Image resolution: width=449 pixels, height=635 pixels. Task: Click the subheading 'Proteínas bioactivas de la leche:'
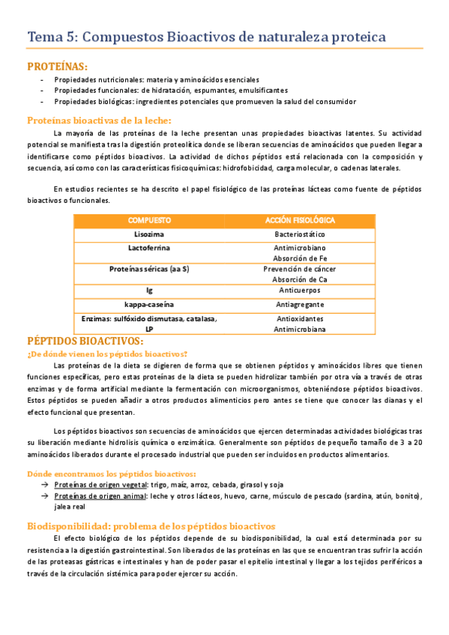99,120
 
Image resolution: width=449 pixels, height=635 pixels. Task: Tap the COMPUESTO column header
149,221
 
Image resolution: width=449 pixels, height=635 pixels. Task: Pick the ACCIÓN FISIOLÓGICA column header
300,221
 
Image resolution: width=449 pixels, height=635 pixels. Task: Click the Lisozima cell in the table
149,234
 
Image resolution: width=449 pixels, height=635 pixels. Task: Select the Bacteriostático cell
300,234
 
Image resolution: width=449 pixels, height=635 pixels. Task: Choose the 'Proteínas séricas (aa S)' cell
149,268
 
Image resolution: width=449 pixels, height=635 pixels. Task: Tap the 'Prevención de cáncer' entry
300,268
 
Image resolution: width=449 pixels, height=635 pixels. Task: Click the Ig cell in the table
149,290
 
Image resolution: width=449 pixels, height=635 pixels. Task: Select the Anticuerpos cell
300,290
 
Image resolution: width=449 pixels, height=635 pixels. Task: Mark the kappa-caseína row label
149,304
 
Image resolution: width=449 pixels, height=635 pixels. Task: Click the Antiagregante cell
300,304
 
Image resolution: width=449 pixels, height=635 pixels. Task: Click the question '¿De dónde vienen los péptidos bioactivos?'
106,353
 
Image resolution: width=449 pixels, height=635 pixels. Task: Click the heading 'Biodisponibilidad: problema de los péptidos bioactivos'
151,526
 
